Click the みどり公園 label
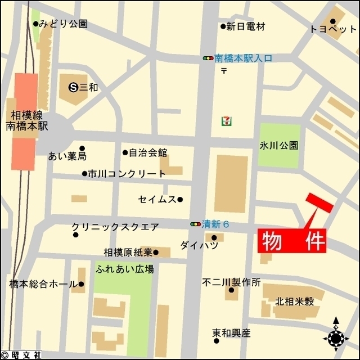point(64,24)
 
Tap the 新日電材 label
point(245,26)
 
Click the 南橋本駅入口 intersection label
point(244,58)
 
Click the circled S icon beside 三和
point(73,87)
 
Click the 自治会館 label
point(148,152)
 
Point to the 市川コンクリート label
point(127,174)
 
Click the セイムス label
point(157,199)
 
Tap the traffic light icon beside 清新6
point(196,224)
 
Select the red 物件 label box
point(292,241)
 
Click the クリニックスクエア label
point(115,227)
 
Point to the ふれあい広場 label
point(125,269)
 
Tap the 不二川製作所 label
point(232,282)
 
